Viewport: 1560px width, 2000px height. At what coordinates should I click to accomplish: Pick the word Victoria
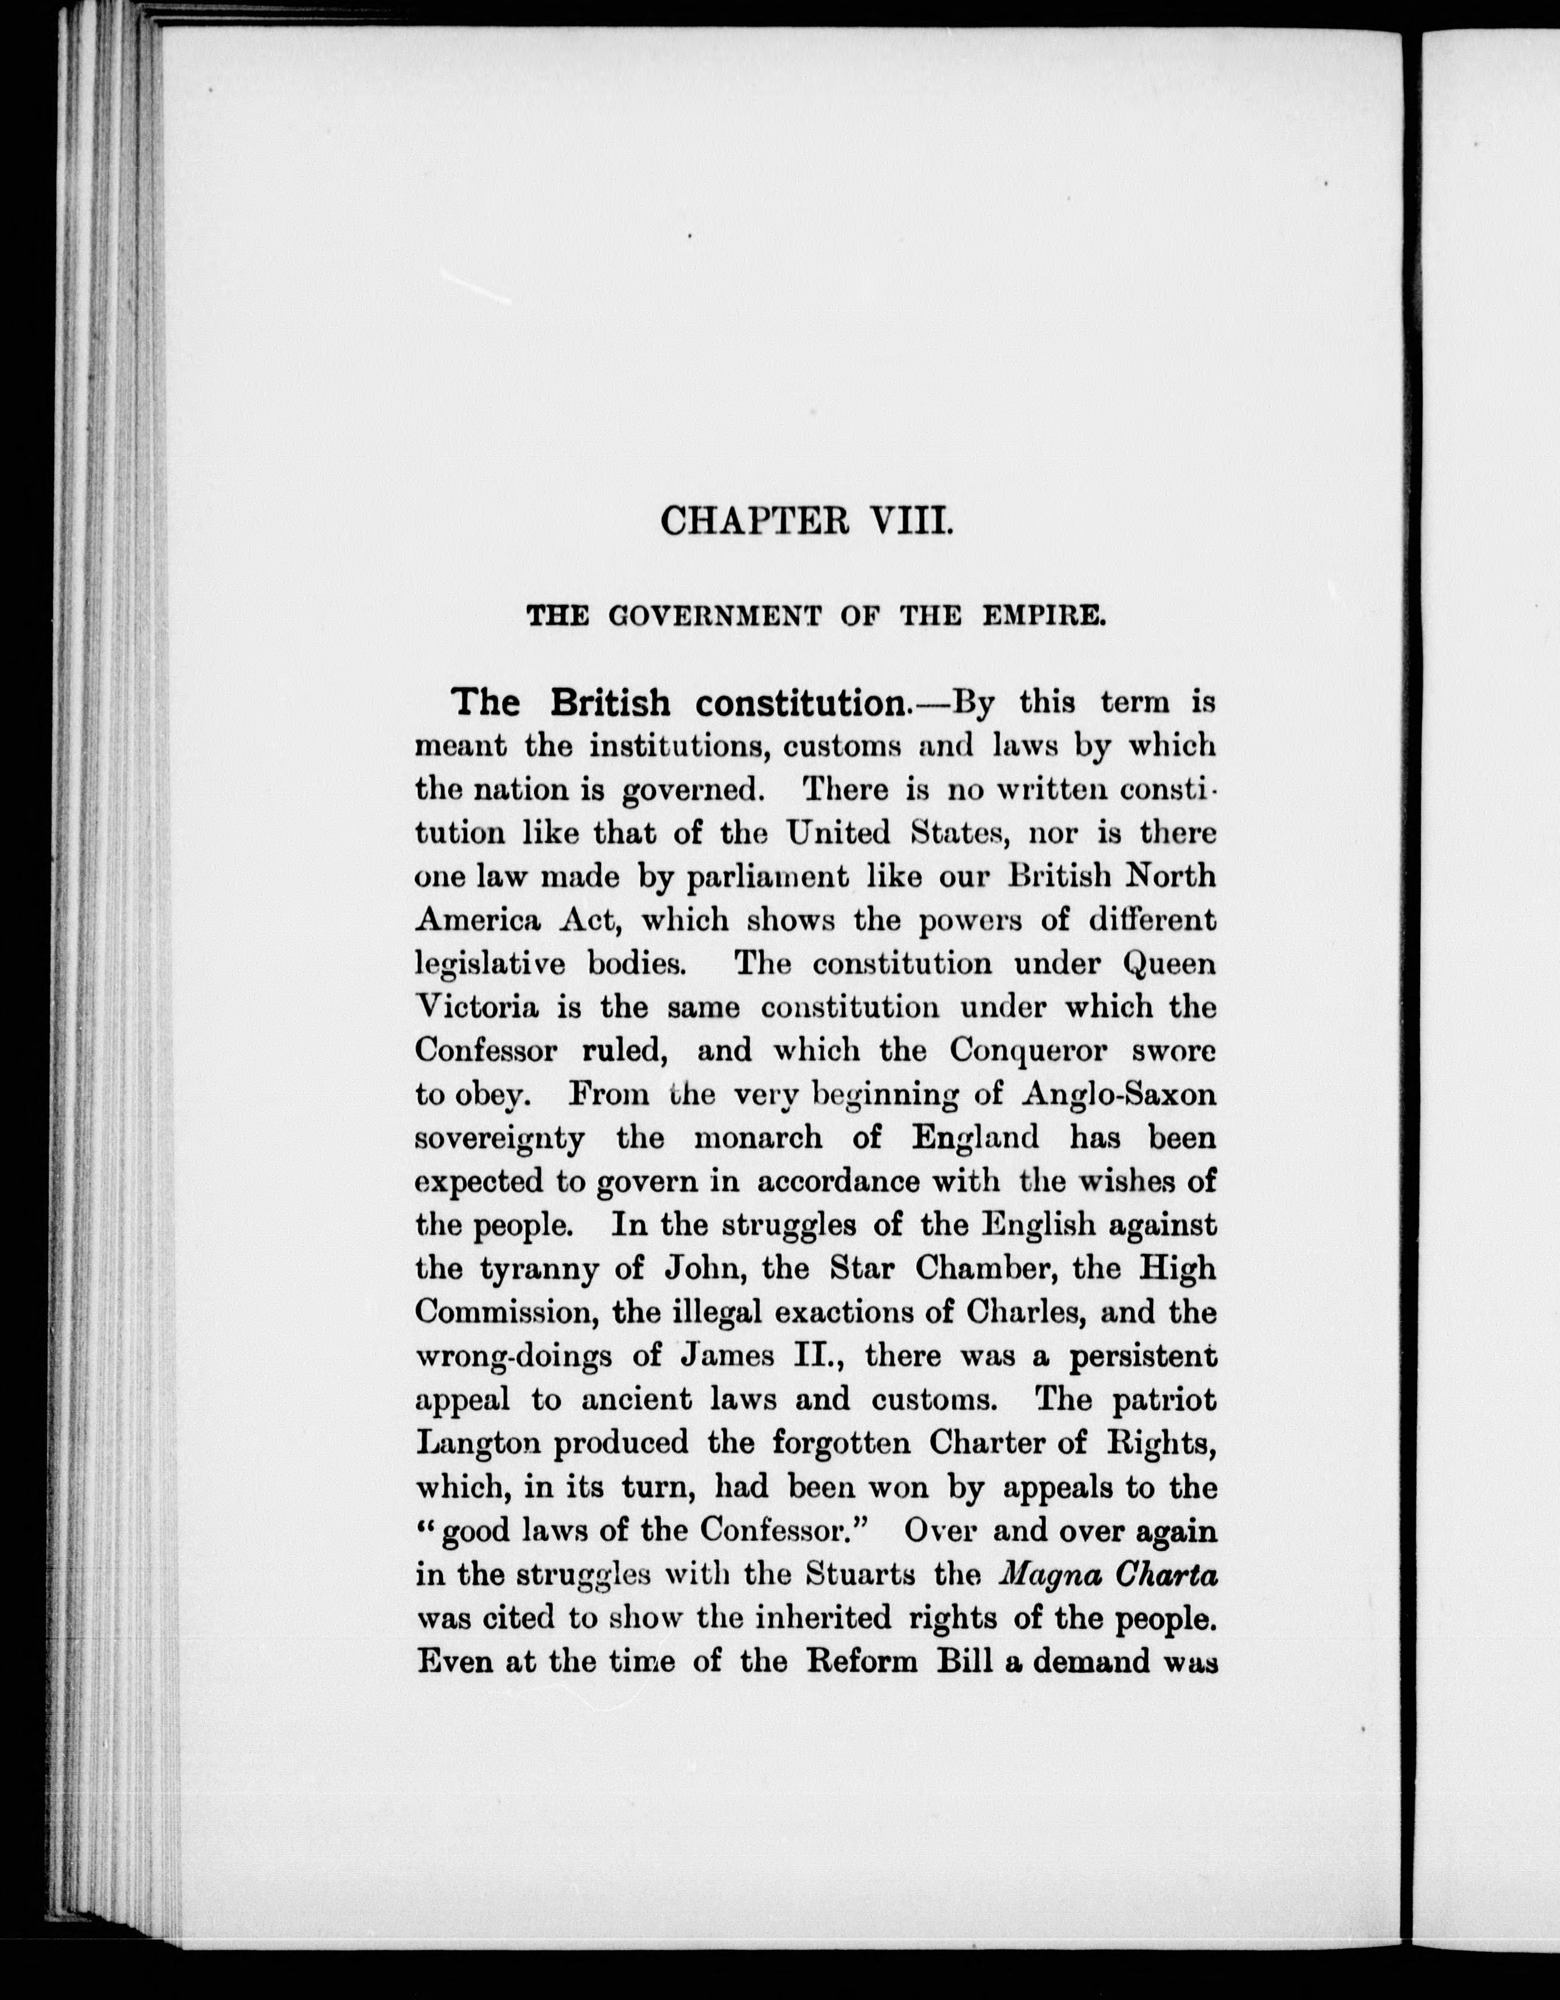click(476, 1007)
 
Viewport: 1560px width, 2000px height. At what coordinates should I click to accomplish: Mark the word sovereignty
click(500, 1138)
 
